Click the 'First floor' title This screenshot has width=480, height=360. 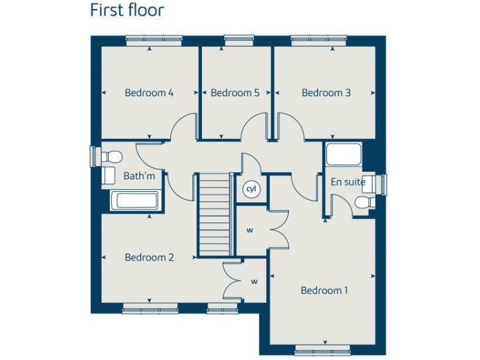(127, 11)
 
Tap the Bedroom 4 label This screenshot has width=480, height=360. (149, 93)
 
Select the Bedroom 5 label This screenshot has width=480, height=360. (235, 93)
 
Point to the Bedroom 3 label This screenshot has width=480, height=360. (326, 93)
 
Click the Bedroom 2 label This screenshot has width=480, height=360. (149, 257)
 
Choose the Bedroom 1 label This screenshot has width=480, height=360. (324, 291)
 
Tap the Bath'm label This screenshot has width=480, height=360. (139, 176)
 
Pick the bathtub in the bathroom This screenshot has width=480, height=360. (134, 201)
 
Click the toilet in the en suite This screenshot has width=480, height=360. (363, 201)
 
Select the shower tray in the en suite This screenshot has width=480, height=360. (344, 155)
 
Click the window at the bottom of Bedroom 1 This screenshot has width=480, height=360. (323, 351)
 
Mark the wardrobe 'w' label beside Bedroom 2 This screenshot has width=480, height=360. (254, 281)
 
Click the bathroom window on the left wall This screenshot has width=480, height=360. (94, 157)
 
